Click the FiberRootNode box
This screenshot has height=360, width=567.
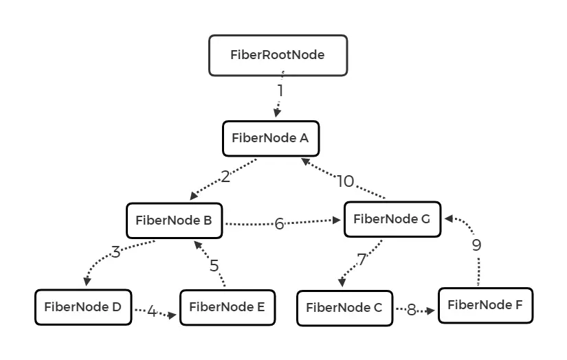278,55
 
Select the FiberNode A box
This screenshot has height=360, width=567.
271,138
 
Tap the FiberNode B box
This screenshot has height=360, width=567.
174,221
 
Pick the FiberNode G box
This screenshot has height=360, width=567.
391,220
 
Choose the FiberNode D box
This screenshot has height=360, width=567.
82,307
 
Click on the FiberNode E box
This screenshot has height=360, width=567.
227,307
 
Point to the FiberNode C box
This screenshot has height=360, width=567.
344,308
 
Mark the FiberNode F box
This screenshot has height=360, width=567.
485,305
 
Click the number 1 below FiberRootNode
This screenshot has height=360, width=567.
280,91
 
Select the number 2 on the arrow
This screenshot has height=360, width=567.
226,177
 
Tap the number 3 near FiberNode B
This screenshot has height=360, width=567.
115,252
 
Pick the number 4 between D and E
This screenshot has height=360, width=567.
152,312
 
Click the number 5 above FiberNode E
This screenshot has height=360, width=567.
214,265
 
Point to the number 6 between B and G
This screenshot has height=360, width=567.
279,224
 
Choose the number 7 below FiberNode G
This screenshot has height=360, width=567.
362,260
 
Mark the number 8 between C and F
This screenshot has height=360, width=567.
412,310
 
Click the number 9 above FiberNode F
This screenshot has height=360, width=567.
477,245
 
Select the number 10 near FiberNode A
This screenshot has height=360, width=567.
345,181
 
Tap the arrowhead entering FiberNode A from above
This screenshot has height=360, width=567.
277,113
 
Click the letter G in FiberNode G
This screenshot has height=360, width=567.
424,220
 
